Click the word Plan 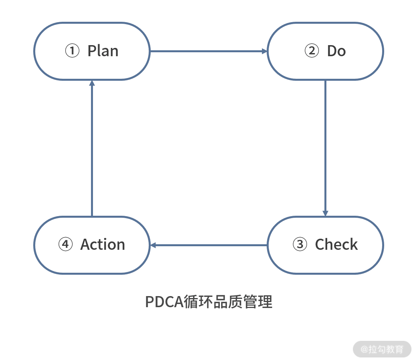point(103,51)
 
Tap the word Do point(336,51)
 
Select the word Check point(336,245)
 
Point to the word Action point(103,245)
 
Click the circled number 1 point(72,51)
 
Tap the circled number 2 point(311,51)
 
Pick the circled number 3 point(299,245)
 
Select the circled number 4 point(65,245)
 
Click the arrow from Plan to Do point(208,51)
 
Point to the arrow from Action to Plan point(92,148)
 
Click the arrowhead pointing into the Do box point(264,51)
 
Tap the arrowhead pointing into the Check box point(325,213)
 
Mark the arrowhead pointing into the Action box point(154,245)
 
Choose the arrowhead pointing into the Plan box point(92,83)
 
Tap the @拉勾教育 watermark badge point(382,349)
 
